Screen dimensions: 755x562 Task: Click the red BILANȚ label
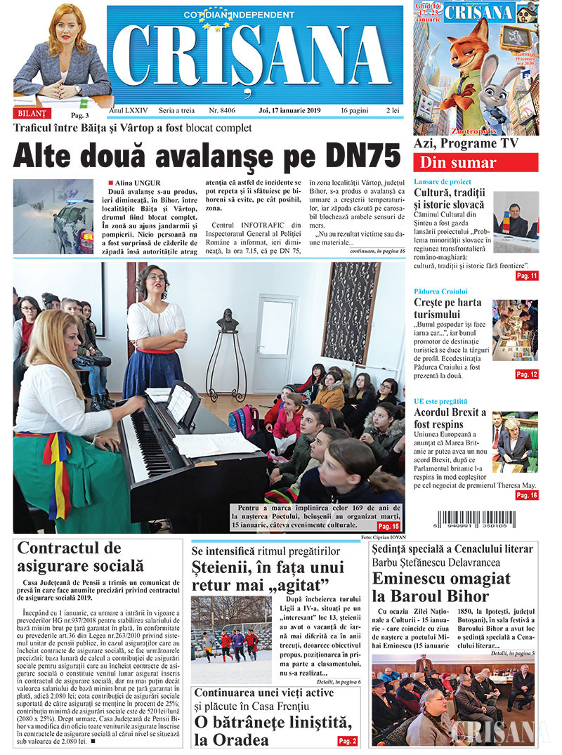(32, 112)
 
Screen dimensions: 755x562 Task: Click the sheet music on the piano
(180, 402)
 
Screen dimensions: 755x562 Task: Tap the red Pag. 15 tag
(388, 526)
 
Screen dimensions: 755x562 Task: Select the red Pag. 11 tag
(526, 276)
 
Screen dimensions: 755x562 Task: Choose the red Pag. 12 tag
(526, 374)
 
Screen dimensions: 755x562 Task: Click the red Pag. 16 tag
(526, 495)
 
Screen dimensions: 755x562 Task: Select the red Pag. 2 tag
(347, 741)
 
